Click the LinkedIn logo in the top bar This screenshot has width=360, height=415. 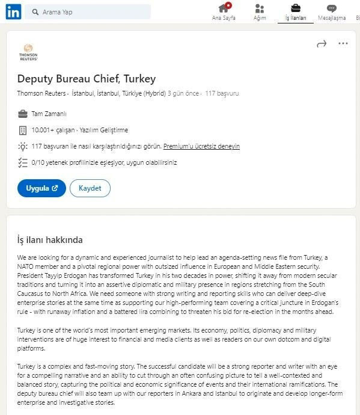tap(13, 11)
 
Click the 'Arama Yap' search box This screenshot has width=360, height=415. tap(90, 12)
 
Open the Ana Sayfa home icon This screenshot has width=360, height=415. tap(224, 8)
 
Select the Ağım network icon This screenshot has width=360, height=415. tap(260, 8)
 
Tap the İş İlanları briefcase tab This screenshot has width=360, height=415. tap(296, 8)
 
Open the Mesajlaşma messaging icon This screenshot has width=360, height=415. tap(332, 8)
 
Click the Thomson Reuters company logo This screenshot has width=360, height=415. tap(28, 52)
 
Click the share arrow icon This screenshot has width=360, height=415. tap(322, 43)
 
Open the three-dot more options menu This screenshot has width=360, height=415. tap(343, 43)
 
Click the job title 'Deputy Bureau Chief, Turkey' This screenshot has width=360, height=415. tap(86, 78)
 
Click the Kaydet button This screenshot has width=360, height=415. tap(90, 188)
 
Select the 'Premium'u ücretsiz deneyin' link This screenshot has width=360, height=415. tap(201, 146)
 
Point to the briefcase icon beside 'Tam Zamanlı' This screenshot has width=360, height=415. tap(23, 114)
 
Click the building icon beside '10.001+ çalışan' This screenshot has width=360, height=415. tap(23, 130)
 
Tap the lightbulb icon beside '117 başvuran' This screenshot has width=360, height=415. tap(23, 146)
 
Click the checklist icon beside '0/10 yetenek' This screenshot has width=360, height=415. tap(23, 162)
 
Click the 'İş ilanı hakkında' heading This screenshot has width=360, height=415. tap(50, 240)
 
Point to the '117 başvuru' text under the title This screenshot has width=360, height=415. tap(222, 93)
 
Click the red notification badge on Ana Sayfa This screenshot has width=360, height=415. tap(228, 5)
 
